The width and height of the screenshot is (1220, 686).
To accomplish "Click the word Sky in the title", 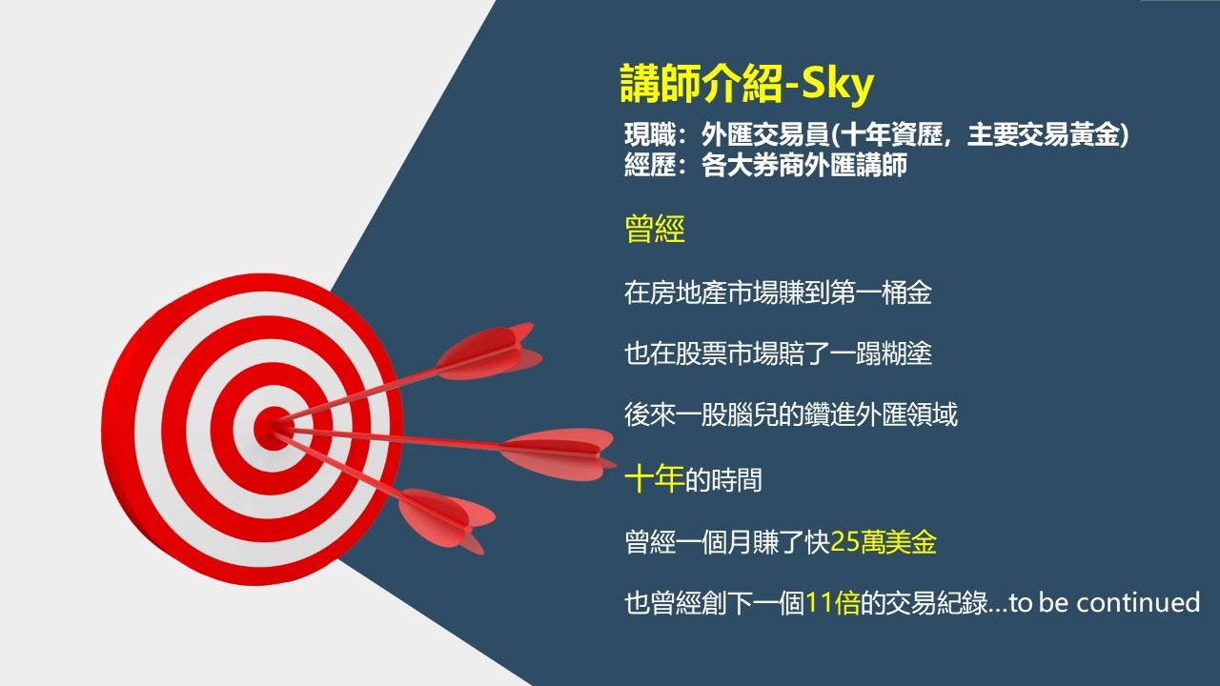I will pyautogui.click(x=836, y=86).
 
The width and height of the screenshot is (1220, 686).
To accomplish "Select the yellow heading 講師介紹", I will pyautogui.click(x=700, y=86).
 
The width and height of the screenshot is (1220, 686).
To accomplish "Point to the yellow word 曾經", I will pyautogui.click(x=655, y=230).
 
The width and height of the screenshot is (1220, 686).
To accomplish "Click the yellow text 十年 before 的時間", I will pyautogui.click(x=654, y=479).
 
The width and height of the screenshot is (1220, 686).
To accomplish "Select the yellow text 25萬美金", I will pyautogui.click(x=884, y=542).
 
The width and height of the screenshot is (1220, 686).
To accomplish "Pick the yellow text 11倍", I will pyautogui.click(x=832, y=603).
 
